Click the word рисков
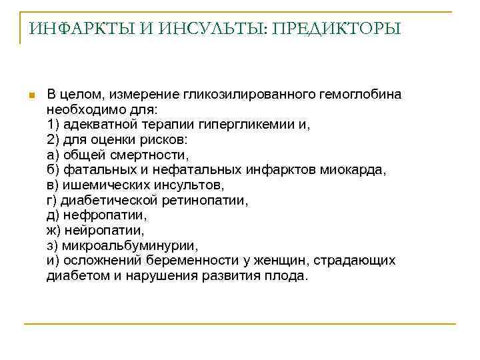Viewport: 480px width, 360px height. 167,139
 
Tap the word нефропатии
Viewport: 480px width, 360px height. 104,215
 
